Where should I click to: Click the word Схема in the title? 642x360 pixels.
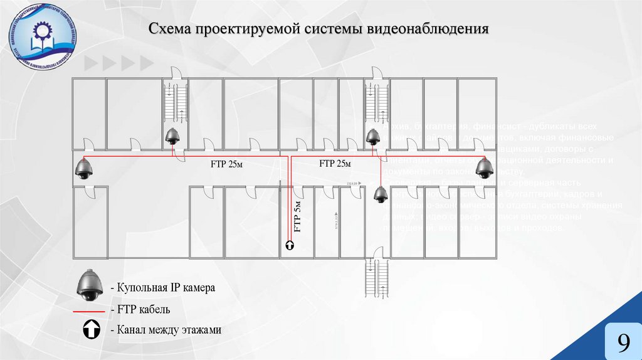tap(169, 29)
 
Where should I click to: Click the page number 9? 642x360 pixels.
tap(623, 342)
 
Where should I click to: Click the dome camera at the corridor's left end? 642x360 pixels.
tap(83, 168)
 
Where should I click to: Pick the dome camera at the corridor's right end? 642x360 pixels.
tap(484, 168)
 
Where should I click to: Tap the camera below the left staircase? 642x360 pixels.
tap(172, 135)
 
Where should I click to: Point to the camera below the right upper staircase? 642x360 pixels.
tap(374, 135)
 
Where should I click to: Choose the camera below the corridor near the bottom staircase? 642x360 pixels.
tap(380, 194)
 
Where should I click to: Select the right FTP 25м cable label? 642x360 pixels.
tap(335, 164)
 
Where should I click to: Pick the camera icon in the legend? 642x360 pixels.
tap(90, 286)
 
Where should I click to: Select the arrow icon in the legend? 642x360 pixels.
tap(90, 329)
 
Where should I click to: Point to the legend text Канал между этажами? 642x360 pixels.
tap(166, 329)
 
